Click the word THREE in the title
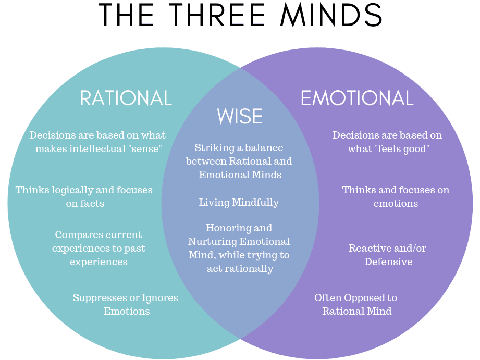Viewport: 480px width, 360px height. click(x=217, y=15)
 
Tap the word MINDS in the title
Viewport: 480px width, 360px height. click(x=331, y=15)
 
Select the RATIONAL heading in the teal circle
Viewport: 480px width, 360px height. click(x=126, y=98)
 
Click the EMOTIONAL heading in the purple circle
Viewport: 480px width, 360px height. click(x=357, y=98)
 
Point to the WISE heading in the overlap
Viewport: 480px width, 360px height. click(x=240, y=116)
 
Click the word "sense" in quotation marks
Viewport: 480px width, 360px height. click(x=145, y=148)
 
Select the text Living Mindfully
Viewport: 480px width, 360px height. click(x=239, y=202)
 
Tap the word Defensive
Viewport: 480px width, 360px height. click(x=388, y=262)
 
